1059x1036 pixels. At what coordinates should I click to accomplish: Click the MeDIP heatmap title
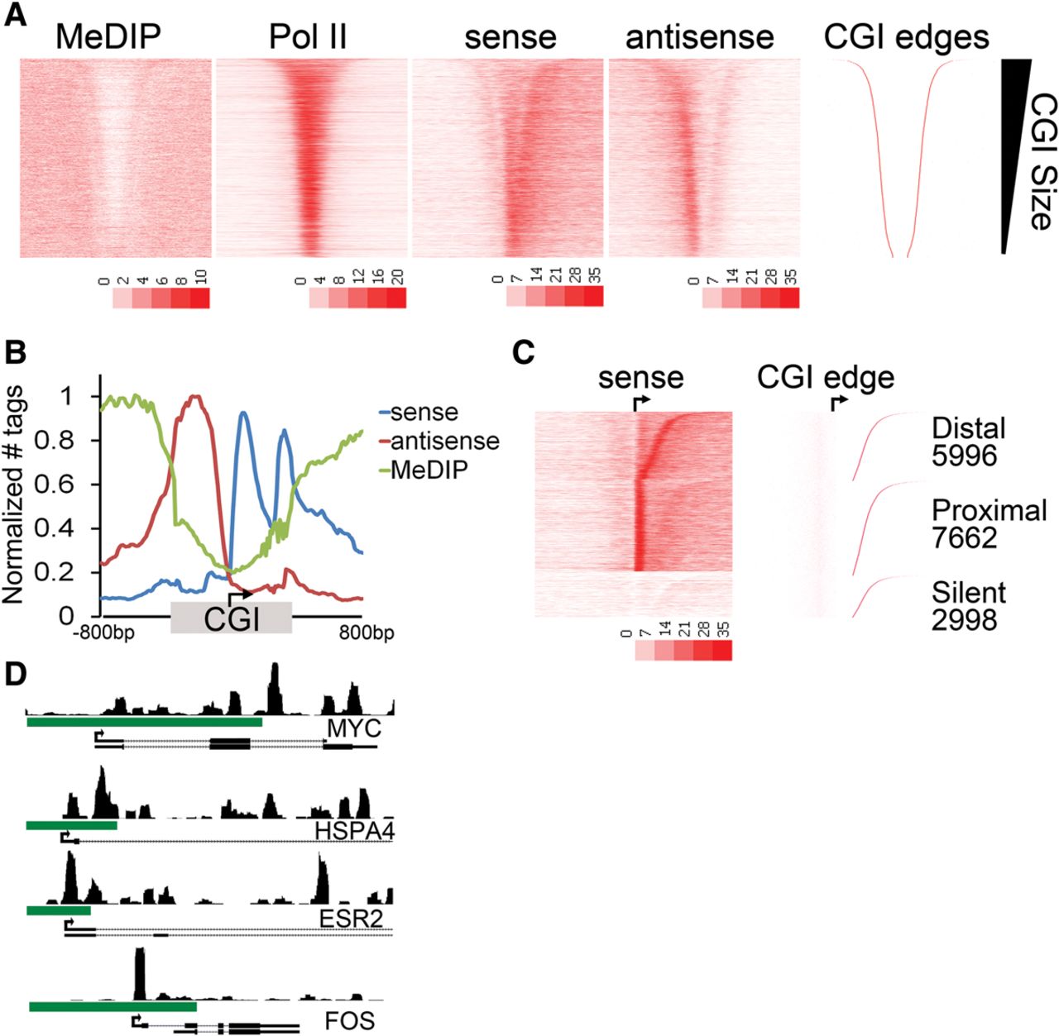pos(108,37)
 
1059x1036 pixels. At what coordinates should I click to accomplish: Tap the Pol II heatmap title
pos(308,37)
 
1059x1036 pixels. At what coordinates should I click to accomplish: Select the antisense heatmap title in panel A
pos(699,37)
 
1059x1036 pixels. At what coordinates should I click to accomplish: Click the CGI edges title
pos(906,37)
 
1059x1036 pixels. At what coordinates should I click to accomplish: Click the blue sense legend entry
pos(423,412)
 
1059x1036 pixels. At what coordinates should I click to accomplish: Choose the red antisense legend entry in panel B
pos(443,441)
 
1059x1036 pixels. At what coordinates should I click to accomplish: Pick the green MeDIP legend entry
pos(428,470)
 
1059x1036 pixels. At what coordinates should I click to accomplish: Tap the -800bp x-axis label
pos(103,634)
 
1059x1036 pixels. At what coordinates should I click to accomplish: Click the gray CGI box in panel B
pos(231,618)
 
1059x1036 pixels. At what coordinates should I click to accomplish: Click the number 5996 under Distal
pos(964,456)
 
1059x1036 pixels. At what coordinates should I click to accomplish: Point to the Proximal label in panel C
pos(989,510)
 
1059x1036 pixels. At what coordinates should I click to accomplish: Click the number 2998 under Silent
pos(964,619)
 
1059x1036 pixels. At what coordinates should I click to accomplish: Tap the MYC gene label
pos(353,729)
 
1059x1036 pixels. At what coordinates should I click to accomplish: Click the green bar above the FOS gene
pos(113,1006)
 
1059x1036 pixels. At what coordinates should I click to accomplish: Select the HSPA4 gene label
pos(353,830)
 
